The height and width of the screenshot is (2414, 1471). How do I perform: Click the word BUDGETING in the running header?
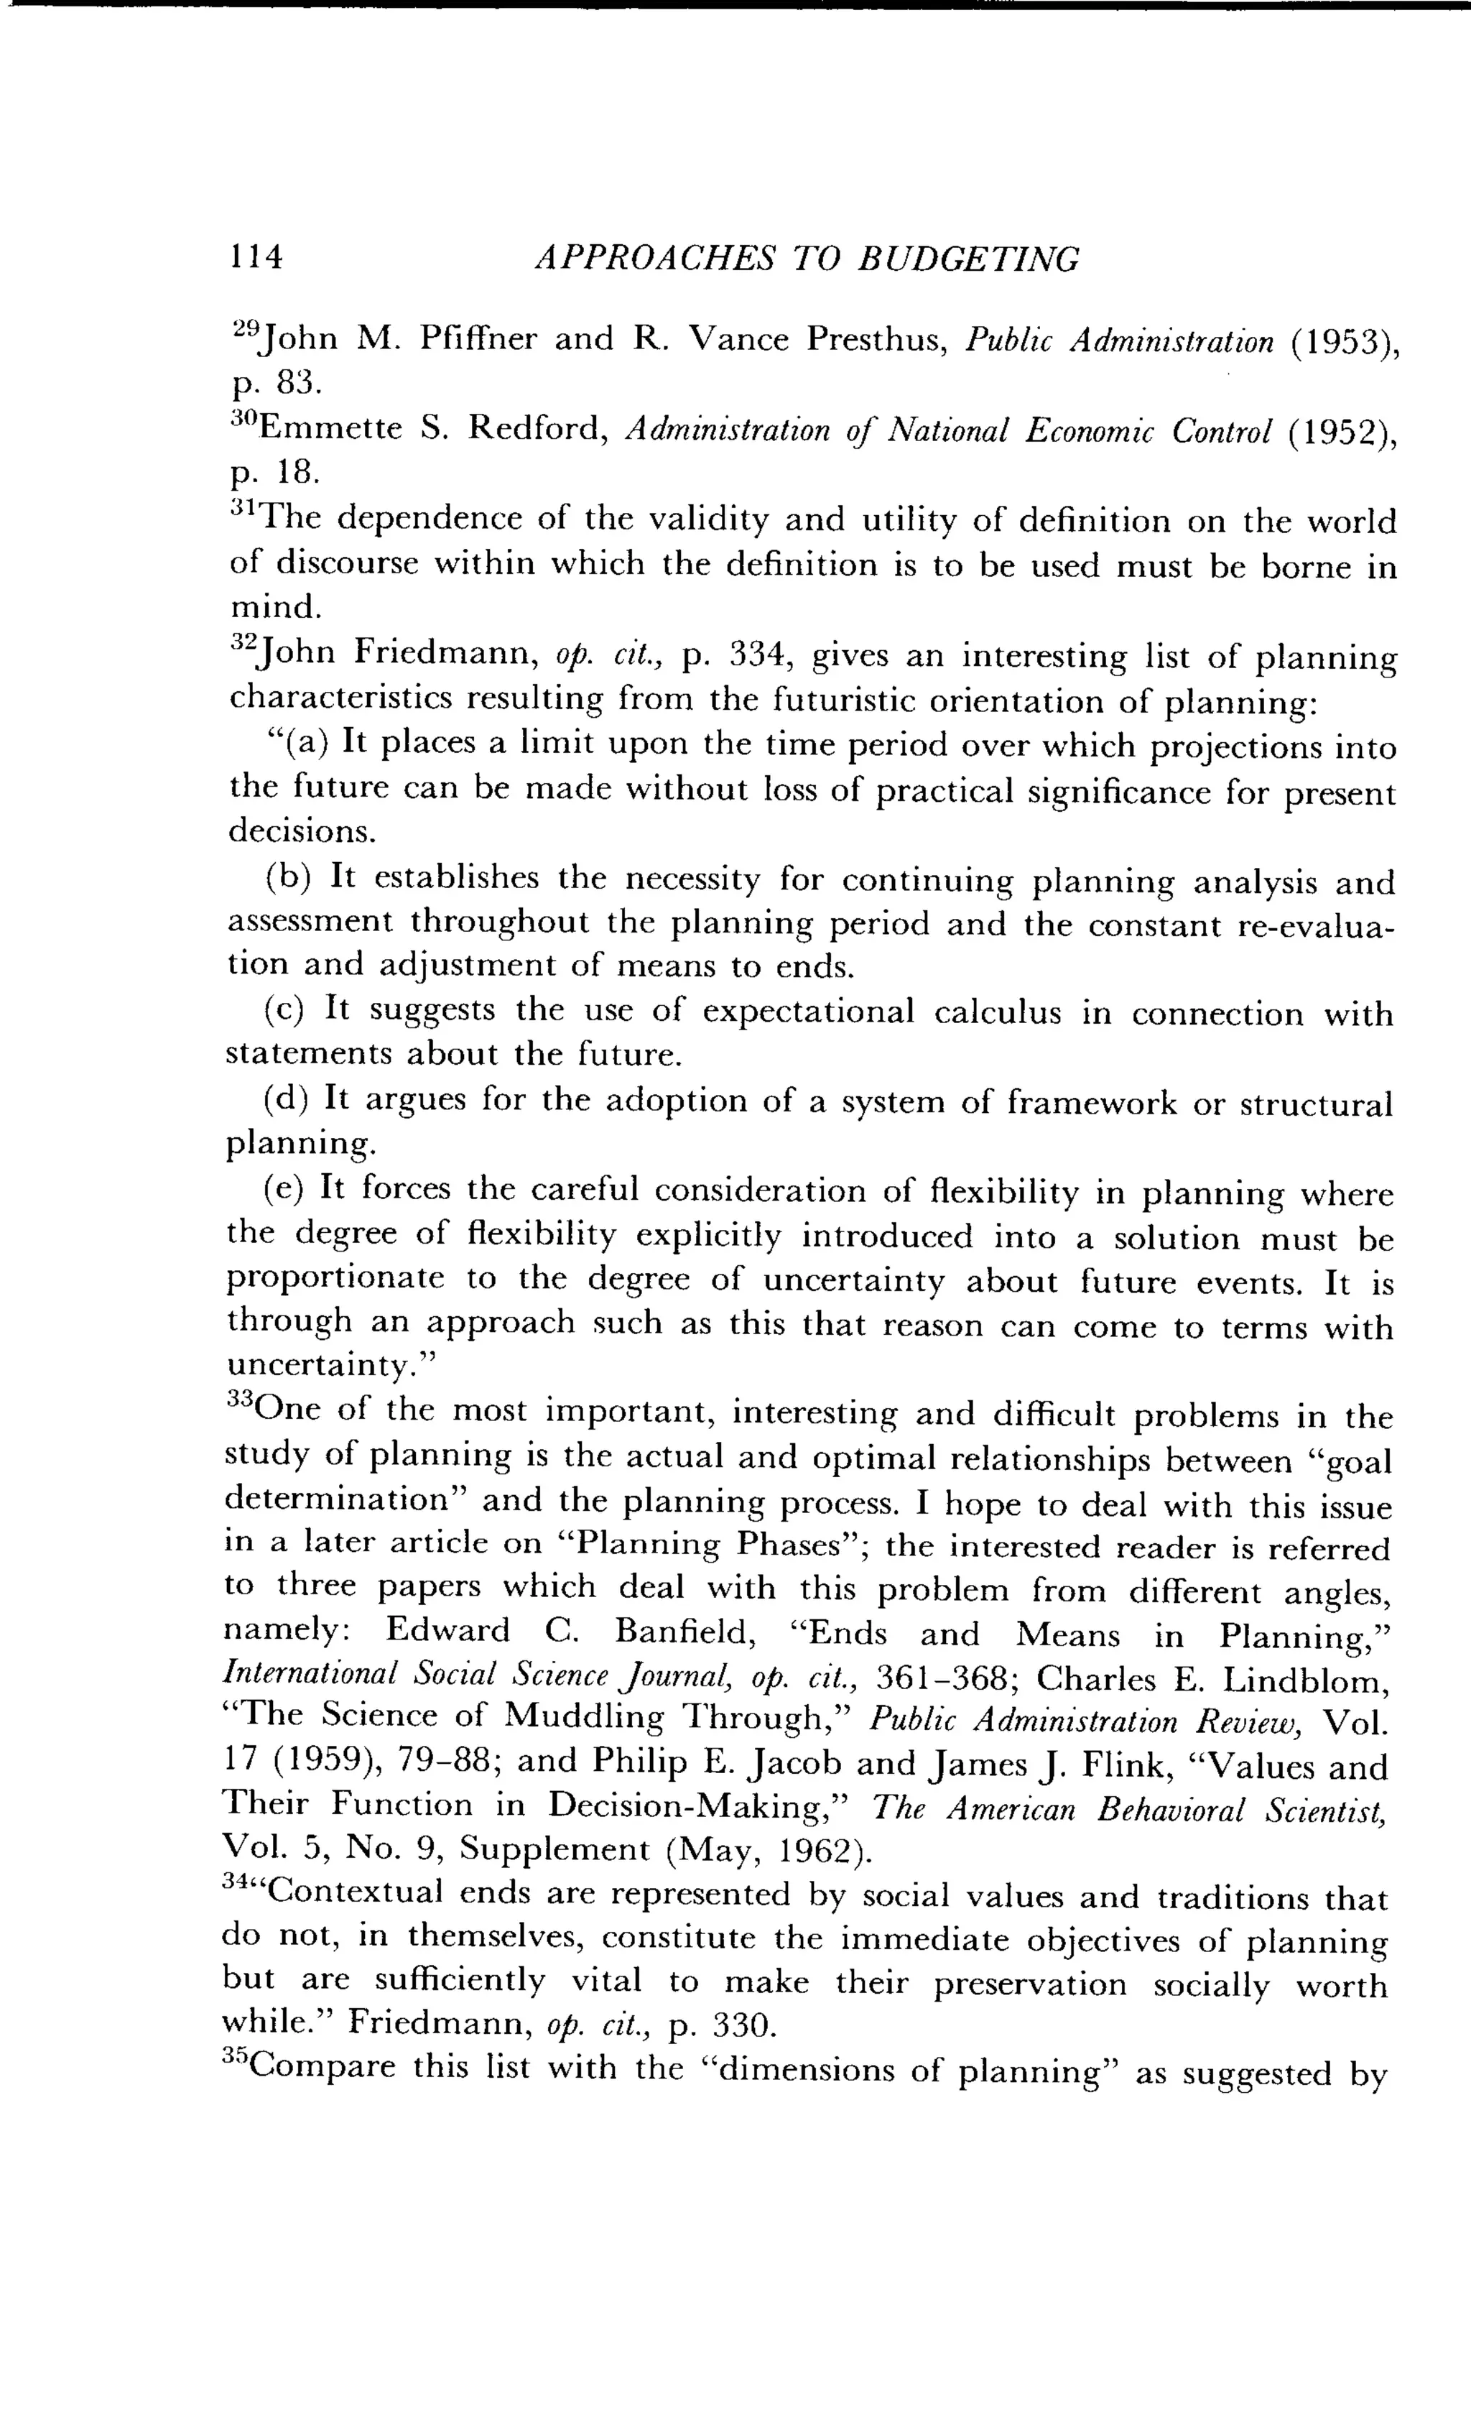pos(969,259)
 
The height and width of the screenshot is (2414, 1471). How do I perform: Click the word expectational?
pos(808,1010)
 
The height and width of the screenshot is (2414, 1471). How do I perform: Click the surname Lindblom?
pos(1307,1681)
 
